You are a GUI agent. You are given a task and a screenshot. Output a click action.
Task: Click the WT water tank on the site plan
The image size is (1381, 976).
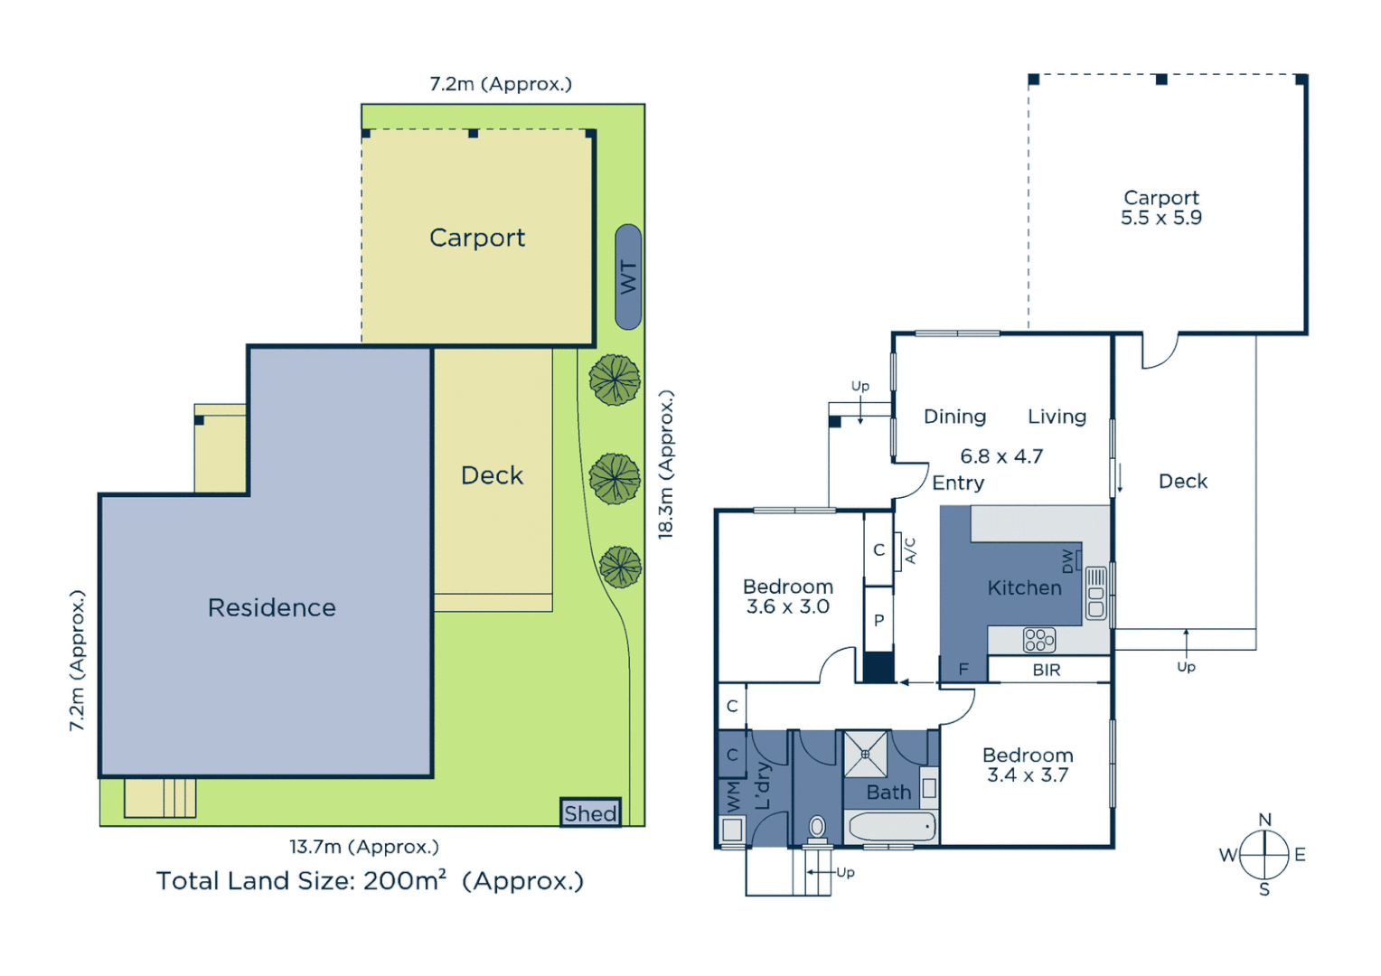point(628,277)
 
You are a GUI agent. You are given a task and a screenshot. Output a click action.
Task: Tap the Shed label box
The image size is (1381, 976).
point(590,813)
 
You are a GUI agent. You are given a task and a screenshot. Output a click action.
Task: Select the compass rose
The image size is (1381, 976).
point(1264,854)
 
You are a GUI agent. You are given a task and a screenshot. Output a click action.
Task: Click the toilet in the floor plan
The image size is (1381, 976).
point(817,827)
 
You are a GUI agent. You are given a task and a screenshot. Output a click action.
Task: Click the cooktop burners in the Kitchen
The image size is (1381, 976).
point(1038,640)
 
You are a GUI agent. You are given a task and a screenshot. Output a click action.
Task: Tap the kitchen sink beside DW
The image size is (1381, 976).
point(1095,594)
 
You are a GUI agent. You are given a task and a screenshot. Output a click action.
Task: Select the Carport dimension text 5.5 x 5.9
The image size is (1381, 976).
point(1160,218)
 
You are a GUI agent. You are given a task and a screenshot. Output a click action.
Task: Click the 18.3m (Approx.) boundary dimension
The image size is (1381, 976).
point(666,465)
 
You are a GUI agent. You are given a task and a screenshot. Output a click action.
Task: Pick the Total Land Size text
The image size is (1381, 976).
point(370,880)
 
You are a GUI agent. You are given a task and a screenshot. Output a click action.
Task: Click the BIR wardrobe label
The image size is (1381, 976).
point(1046,670)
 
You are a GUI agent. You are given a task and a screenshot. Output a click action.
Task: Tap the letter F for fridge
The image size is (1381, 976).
point(963,670)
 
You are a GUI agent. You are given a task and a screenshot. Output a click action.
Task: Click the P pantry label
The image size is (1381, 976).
point(878,620)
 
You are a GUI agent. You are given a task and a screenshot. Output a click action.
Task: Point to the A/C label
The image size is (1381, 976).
point(910,550)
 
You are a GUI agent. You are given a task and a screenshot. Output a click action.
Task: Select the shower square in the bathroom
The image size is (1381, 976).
point(865,754)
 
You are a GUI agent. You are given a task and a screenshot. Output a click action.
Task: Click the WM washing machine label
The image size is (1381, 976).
point(733,797)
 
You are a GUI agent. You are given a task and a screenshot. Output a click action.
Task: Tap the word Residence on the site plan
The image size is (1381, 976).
point(271,607)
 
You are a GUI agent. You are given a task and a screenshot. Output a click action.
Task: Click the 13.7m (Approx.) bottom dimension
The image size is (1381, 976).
point(363,847)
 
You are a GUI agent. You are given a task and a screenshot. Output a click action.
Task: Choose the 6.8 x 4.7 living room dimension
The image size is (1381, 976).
point(1001,456)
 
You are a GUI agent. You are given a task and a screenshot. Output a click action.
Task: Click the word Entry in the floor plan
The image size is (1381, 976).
point(958,483)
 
